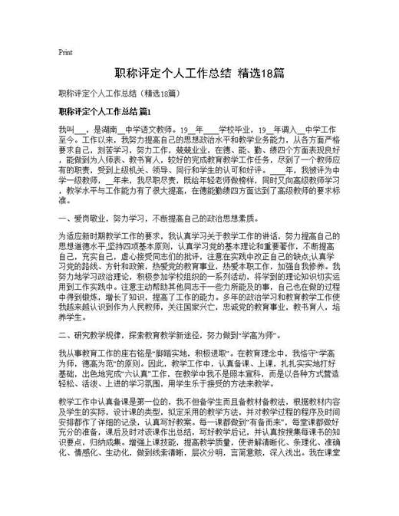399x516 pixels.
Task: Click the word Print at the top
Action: pos(65,53)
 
